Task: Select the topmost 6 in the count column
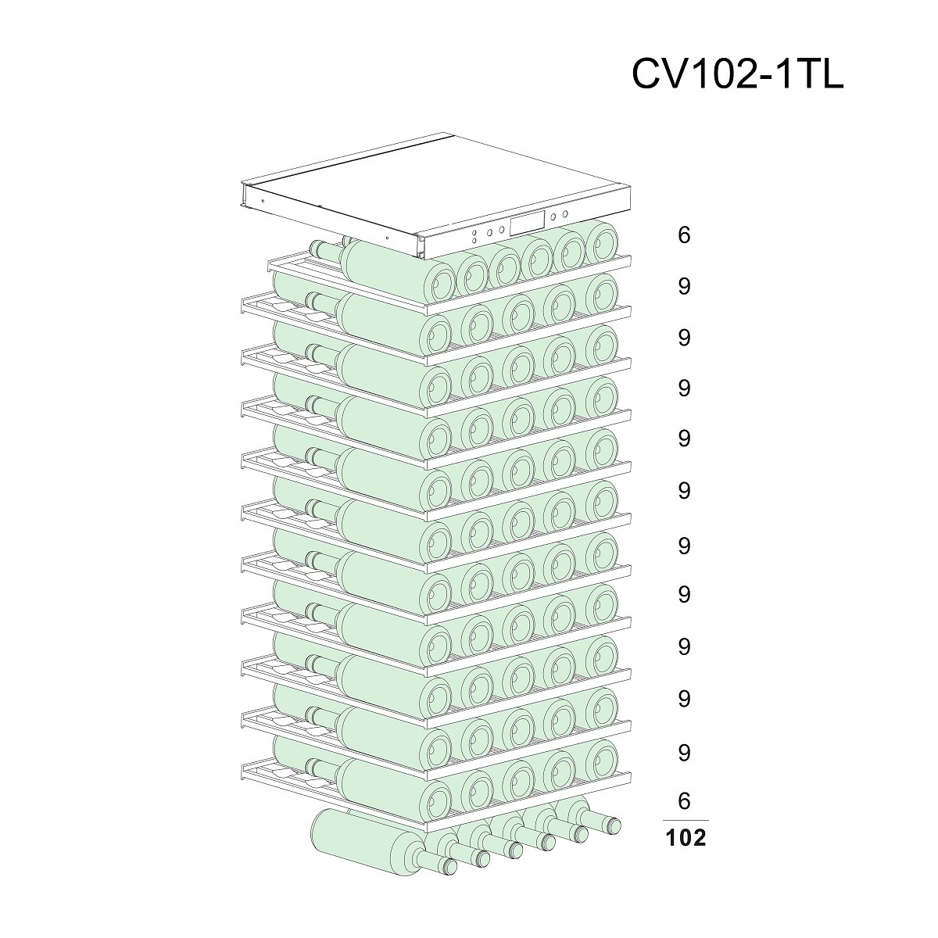coord(684,235)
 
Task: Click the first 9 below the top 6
coord(684,287)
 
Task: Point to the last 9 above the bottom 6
coord(684,753)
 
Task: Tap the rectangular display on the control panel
coord(527,223)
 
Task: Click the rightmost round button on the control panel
coord(565,214)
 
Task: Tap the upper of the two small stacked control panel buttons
coord(474,234)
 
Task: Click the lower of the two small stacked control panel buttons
coord(474,241)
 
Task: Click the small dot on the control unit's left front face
coord(263,201)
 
